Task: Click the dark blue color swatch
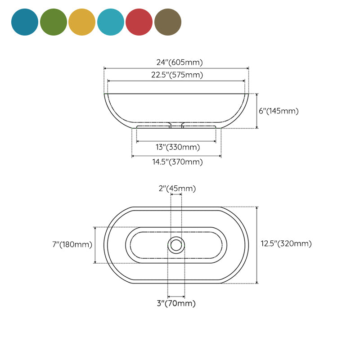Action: tap(25, 22)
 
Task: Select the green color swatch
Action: tap(54, 22)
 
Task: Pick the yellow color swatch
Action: tap(82, 22)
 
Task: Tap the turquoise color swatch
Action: tap(111, 22)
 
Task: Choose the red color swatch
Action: tap(139, 22)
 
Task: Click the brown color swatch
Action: tap(168, 22)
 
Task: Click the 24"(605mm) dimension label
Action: tap(176, 63)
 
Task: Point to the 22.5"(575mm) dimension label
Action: tap(176, 75)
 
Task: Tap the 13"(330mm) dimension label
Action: tap(177, 147)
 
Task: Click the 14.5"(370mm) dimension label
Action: tap(176, 162)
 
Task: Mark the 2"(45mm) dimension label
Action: tap(177, 189)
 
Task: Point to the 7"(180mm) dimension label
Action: tap(72, 245)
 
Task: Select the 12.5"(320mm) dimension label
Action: tap(286, 244)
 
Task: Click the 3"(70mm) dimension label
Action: tap(176, 303)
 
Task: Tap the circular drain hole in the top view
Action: tap(176, 245)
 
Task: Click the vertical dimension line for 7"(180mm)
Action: tap(95, 245)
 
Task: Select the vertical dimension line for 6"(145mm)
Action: tap(257, 111)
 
